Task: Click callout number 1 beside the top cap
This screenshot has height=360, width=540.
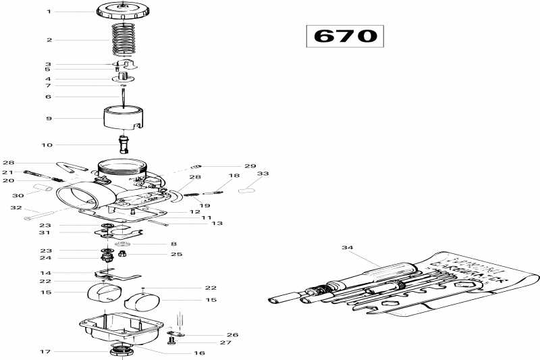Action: tap(49, 11)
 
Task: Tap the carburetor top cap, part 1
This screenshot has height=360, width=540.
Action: tap(124, 11)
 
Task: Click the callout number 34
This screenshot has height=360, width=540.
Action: tap(347, 248)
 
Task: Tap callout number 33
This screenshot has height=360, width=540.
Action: tap(262, 174)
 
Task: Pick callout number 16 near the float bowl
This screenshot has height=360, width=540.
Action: tap(199, 353)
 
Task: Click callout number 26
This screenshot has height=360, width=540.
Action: tap(233, 334)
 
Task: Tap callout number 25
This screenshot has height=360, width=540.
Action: tap(177, 255)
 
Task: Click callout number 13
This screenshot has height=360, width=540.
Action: tap(217, 223)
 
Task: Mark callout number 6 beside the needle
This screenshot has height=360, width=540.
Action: tap(49, 97)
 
